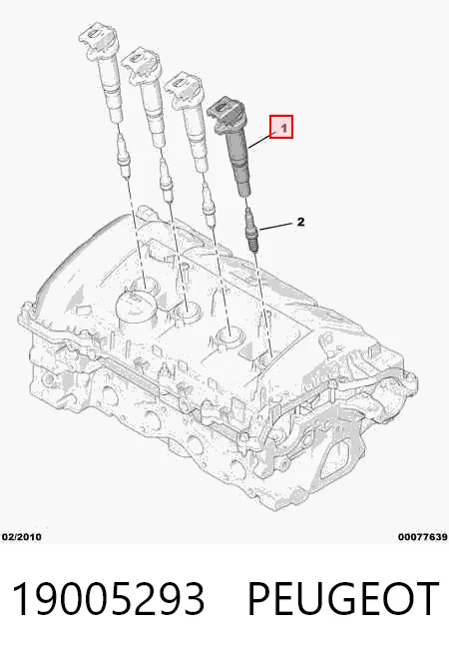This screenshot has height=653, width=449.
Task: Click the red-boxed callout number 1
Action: pyautogui.click(x=281, y=127)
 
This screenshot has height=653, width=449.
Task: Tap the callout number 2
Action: pyautogui.click(x=300, y=222)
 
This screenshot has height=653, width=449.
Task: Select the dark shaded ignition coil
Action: pyautogui.click(x=232, y=146)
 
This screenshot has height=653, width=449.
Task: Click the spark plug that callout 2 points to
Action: pyautogui.click(x=252, y=230)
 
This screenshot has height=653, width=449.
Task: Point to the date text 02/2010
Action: pyautogui.click(x=21, y=537)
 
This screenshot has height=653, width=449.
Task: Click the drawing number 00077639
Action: pyautogui.click(x=422, y=537)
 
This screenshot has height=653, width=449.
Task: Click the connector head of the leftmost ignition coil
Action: pyautogui.click(x=98, y=39)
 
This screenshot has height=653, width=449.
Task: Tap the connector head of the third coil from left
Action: pyautogui.click(x=184, y=87)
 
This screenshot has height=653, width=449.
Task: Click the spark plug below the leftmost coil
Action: pyautogui.click(x=125, y=154)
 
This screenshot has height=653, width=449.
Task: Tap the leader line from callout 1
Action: pyautogui.click(x=260, y=141)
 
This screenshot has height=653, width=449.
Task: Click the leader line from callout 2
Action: pyautogui.click(x=276, y=227)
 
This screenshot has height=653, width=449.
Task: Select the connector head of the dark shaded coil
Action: pyautogui.click(x=225, y=113)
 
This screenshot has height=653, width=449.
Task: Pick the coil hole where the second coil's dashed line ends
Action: pyautogui.click(x=188, y=311)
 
